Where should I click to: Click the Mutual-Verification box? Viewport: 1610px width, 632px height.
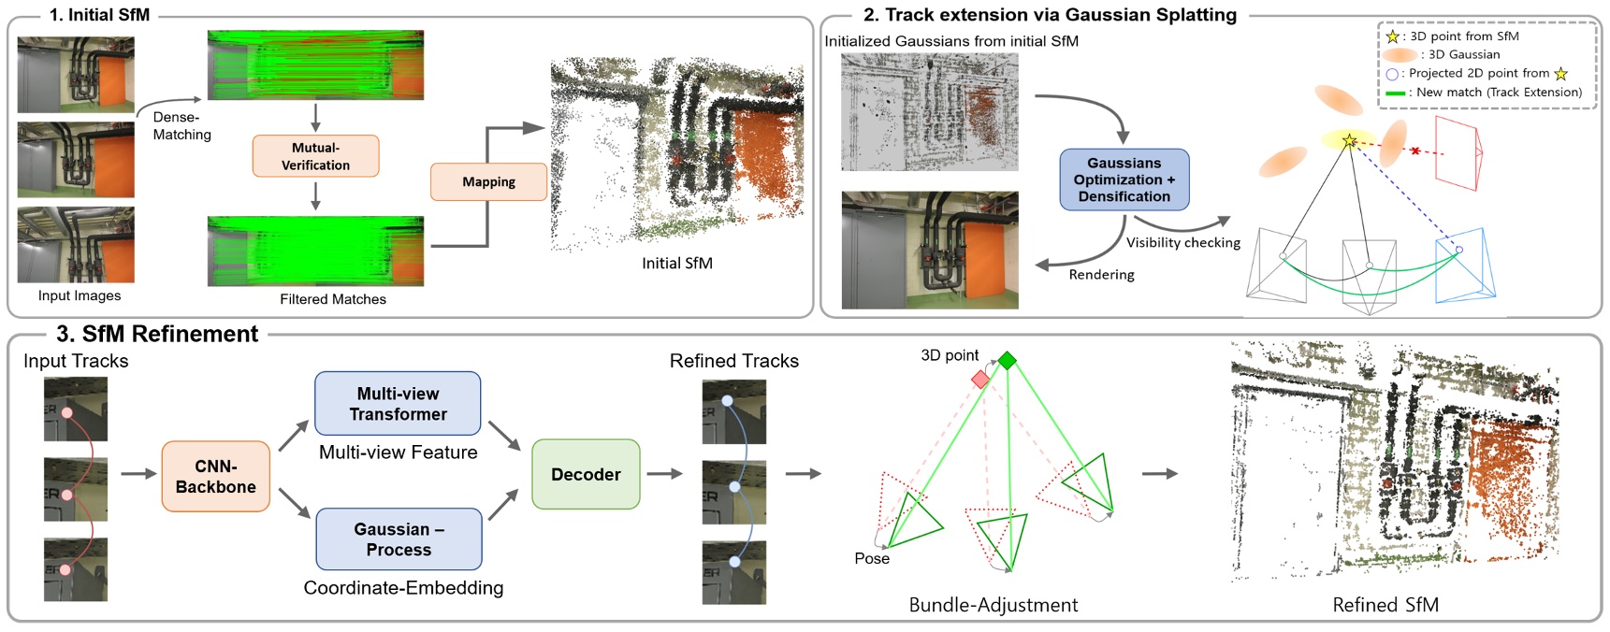pyautogui.click(x=315, y=156)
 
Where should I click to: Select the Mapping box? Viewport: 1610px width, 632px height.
pyautogui.click(x=488, y=181)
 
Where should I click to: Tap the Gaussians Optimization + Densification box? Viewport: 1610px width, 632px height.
pyautogui.click(x=1124, y=180)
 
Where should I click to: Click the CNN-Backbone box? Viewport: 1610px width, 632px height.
pyautogui.click(x=215, y=477)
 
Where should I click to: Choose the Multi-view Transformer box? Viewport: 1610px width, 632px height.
pyautogui.click(x=398, y=404)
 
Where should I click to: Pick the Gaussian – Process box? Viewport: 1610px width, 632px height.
pyautogui.click(x=399, y=539)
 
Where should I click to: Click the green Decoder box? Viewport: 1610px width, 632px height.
pyautogui.click(x=586, y=474)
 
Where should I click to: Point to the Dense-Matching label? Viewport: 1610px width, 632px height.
pyautogui.click(x=181, y=125)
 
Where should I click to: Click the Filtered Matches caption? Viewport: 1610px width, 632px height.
pyautogui.click(x=333, y=299)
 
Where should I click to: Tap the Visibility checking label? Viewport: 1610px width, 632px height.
pyautogui.click(x=1182, y=242)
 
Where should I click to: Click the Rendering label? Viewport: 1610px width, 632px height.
pyautogui.click(x=1101, y=275)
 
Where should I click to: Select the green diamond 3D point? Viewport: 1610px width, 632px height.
pyautogui.click(x=1007, y=360)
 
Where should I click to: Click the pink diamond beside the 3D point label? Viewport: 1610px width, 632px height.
pyautogui.click(x=979, y=379)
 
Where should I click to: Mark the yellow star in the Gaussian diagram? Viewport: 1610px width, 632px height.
pyautogui.click(x=1349, y=141)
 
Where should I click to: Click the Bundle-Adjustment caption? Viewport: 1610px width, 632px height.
pyautogui.click(x=993, y=605)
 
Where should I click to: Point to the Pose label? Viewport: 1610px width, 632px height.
pyautogui.click(x=871, y=558)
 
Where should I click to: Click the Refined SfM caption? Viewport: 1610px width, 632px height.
pyautogui.click(x=1385, y=605)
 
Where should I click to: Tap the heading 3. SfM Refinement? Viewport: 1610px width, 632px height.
pyautogui.click(x=157, y=334)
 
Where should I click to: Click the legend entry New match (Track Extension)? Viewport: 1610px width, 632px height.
pyautogui.click(x=1498, y=92)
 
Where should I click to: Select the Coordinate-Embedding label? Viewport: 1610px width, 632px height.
pyautogui.click(x=403, y=587)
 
